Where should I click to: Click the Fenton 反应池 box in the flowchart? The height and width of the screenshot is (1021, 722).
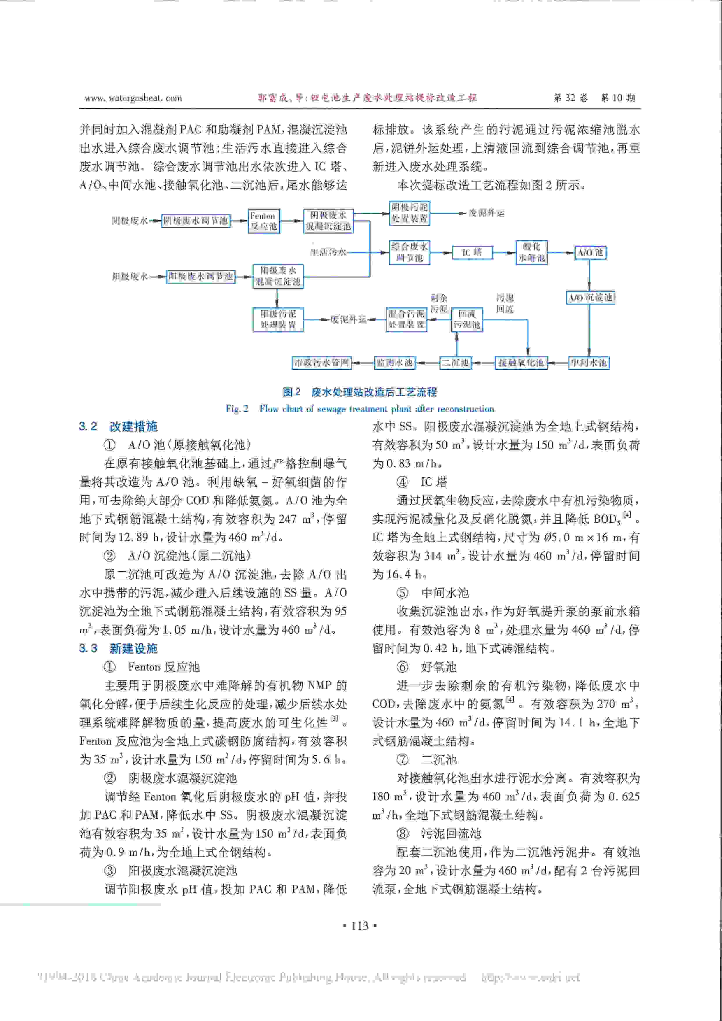click(264, 221)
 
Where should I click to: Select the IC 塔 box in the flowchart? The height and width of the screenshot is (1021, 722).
click(472, 253)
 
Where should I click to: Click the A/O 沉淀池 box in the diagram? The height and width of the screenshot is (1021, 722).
click(591, 297)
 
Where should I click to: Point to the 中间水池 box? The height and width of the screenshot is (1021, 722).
click(589, 363)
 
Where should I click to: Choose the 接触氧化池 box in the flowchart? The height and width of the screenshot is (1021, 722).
click(521, 363)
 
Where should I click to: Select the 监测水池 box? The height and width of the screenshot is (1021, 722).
click(394, 363)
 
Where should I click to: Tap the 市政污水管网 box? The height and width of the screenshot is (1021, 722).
click(322, 363)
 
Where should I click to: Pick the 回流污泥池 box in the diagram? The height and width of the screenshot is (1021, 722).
click(466, 319)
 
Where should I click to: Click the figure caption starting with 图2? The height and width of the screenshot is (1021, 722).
click(360, 392)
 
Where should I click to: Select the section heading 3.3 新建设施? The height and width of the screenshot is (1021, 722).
click(118, 648)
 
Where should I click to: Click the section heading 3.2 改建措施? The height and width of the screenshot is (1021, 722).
click(118, 426)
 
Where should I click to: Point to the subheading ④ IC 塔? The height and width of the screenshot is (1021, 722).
click(422, 482)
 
